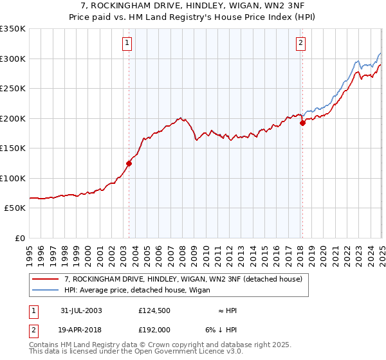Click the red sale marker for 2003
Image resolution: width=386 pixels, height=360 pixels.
[x=129, y=163]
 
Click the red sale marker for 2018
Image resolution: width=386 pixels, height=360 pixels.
[x=302, y=123]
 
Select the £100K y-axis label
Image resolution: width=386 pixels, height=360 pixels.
[x=12, y=178]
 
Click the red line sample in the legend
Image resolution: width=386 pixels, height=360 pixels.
[x=46, y=279]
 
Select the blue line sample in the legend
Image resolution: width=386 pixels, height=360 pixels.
[x=46, y=290]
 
